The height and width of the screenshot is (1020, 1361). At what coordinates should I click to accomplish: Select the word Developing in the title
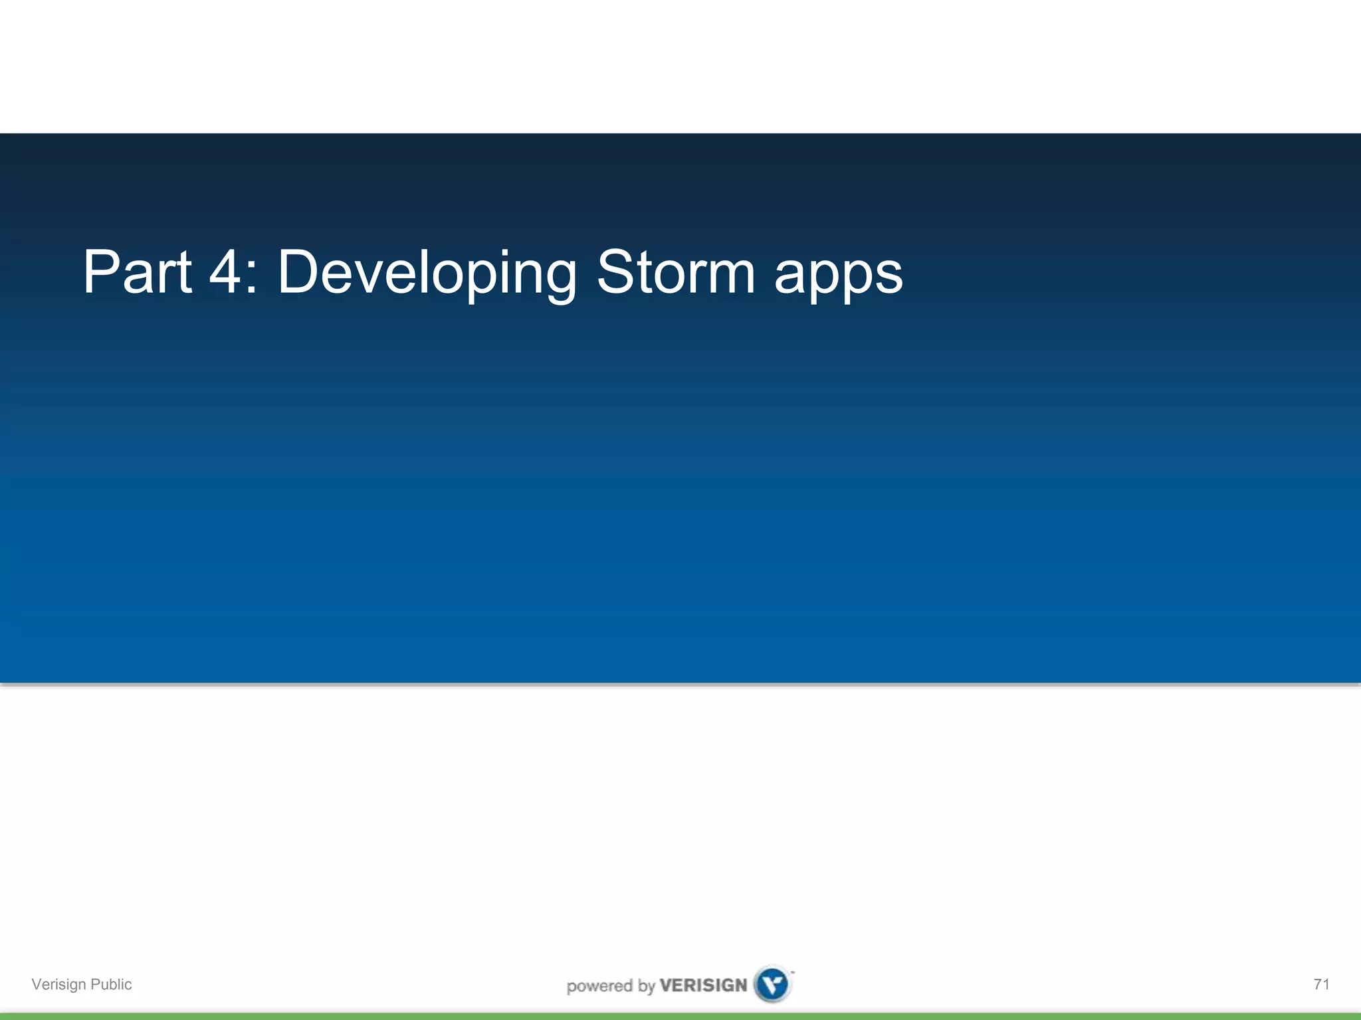[427, 274]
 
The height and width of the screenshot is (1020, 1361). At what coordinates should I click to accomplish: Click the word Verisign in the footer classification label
[58, 984]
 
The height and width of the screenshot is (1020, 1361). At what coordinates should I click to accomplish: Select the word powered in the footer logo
[599, 985]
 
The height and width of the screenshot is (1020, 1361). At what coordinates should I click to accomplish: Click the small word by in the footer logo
[647, 986]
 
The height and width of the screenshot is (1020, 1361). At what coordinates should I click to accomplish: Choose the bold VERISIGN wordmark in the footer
[703, 985]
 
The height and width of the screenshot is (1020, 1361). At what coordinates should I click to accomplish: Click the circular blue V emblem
[773, 983]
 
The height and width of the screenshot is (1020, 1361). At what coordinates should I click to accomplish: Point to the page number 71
[1321, 984]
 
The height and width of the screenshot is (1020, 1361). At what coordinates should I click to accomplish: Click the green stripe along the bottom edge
[680, 1016]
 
